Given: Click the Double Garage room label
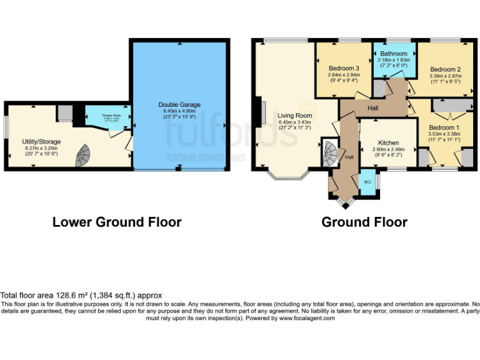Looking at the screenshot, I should pos(179,105).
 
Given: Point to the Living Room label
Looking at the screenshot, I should pos(294,116).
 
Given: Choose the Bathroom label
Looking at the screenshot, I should pos(394,54).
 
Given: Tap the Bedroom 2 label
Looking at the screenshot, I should pos(445,69).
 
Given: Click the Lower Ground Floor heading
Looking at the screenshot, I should pos(117,222).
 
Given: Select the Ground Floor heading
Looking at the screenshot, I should pos(364,222).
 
